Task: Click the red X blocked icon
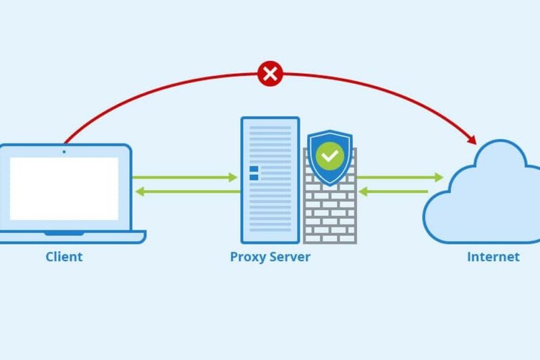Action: coord(270,73)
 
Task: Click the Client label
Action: coord(64,257)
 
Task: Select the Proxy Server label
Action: coord(269,257)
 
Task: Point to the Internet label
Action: coord(493,257)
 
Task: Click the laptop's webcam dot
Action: coord(64,151)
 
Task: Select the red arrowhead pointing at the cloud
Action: coord(470,139)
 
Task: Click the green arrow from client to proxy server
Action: coord(186,178)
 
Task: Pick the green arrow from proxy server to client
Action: coord(186,192)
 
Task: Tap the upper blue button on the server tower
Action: coord(254,169)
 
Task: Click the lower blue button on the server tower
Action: coord(254,178)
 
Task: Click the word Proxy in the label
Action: coord(247,257)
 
